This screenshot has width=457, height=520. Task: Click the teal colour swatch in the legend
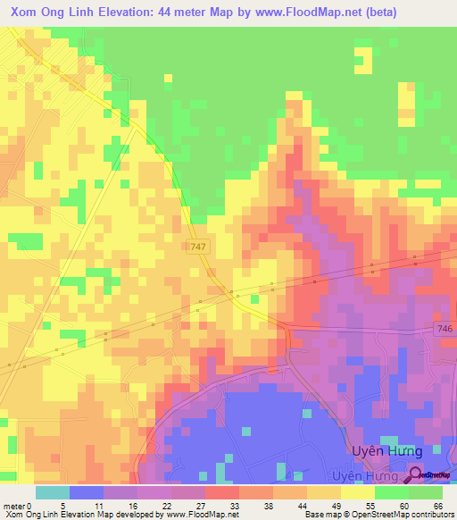(53, 492)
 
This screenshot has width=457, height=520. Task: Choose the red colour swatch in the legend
(222, 492)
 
